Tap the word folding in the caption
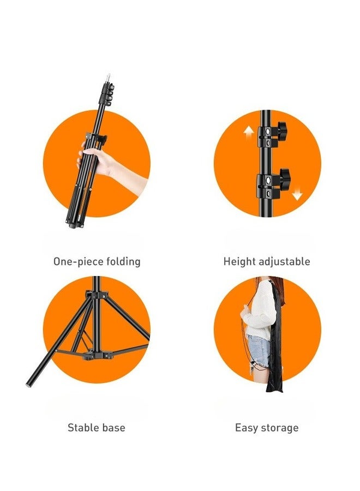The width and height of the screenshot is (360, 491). coord(123,262)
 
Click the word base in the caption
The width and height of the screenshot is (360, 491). coord(114,427)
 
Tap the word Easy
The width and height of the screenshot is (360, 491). coord(247,428)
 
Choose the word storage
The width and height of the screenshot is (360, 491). coord(280,428)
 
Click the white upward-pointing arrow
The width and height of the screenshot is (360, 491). coord(249,132)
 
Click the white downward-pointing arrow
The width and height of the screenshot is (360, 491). coord(297,195)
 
